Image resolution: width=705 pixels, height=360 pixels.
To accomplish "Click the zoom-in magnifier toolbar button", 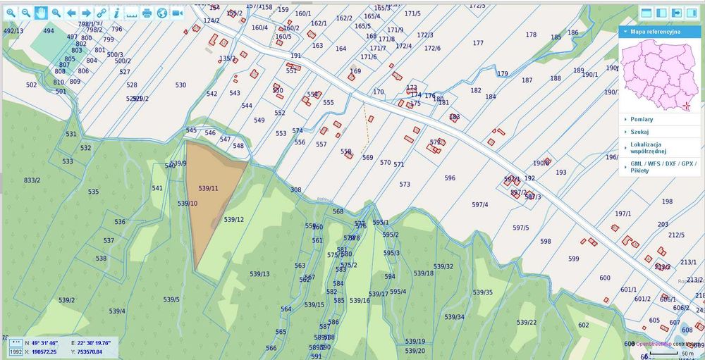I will (10, 13).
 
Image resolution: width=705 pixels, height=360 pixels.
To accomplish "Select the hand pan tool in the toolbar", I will (41, 13).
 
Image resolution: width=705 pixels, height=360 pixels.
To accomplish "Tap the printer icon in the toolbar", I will (147, 13).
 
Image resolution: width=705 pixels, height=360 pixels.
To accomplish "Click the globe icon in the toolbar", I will (162, 13).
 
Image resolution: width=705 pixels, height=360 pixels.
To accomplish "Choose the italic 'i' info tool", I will (116, 13).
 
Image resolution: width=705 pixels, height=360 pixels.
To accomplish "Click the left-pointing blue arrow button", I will (71, 13).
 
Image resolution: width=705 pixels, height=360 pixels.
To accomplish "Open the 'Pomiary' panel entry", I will (642, 119).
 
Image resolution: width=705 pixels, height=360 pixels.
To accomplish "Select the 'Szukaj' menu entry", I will (640, 131).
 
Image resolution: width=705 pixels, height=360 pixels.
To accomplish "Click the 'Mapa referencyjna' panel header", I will (656, 32).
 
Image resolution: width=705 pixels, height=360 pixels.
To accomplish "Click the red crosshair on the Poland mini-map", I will (687, 106).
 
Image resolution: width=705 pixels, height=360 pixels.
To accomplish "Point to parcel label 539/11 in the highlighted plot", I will (209, 188).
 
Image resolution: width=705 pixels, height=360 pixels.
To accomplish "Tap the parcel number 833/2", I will (32, 180).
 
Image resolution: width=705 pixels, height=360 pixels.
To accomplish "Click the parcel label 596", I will (450, 178).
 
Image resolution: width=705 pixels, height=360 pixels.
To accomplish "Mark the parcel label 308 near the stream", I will (295, 190).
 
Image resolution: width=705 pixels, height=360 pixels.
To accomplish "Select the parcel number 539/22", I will (526, 322).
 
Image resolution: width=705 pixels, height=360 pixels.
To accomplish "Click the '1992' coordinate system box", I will (16, 352).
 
